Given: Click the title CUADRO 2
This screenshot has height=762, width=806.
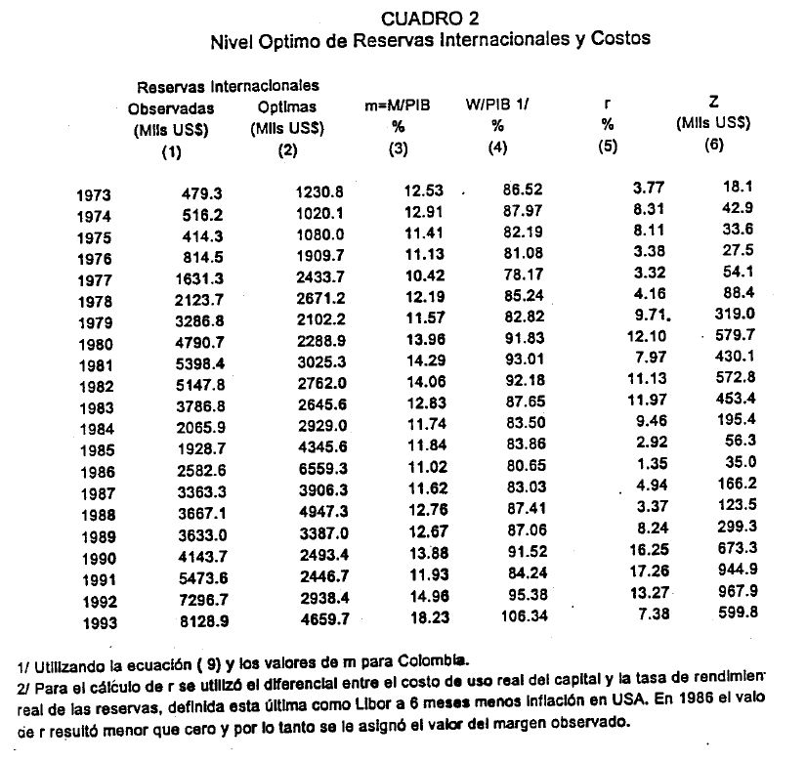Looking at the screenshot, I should pos(430,19).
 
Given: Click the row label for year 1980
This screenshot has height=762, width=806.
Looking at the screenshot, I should pos(95,344).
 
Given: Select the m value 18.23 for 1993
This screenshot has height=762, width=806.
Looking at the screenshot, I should pos(424,617).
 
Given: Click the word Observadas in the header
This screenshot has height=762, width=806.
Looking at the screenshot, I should pos(171,108).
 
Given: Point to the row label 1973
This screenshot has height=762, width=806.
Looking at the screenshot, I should pos(95,195).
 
